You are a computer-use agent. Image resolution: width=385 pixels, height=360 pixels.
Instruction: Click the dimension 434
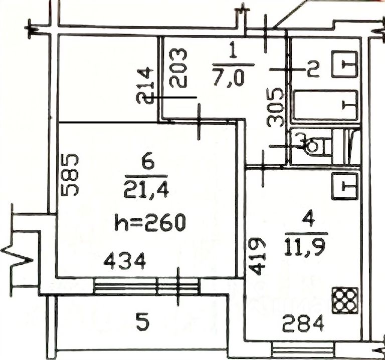125,260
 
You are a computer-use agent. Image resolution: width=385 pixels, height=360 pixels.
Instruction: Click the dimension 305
275,108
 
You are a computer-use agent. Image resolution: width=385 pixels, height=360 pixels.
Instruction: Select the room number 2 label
313,69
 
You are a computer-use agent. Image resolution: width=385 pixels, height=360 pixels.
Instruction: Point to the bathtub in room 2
325,105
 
